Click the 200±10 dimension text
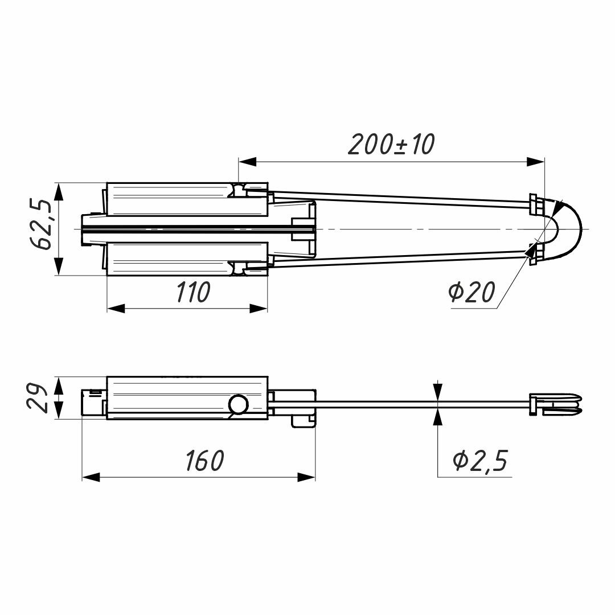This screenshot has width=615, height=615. tap(391, 145)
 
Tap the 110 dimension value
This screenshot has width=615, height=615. tap(193, 293)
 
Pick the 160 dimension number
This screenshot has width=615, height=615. tap(204, 461)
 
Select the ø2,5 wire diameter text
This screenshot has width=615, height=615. tap(479, 461)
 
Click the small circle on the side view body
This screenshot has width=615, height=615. tap(239, 405)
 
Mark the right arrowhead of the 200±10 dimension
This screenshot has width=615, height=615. tap(536, 162)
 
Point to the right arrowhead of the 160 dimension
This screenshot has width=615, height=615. tap(307, 477)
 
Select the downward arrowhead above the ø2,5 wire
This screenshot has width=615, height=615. tap(437, 392)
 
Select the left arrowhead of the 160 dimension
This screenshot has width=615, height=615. tap(91, 477)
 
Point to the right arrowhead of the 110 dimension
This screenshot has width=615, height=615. tap(259, 309)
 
